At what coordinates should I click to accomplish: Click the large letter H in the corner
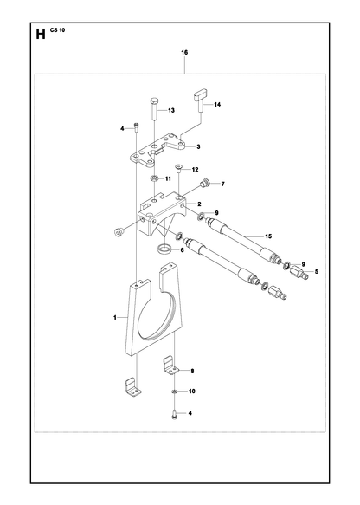click(41, 34)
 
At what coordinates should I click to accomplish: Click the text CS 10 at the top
click(58, 30)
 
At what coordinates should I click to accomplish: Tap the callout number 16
click(184, 52)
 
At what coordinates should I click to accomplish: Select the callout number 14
click(217, 104)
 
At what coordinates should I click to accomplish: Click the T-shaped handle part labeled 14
click(200, 100)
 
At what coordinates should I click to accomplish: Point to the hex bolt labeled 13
click(154, 108)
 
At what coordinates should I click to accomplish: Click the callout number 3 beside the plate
click(198, 146)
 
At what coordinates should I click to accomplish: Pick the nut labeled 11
click(154, 178)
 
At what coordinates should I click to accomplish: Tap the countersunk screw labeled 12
click(178, 169)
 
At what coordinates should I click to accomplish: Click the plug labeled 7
click(205, 184)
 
